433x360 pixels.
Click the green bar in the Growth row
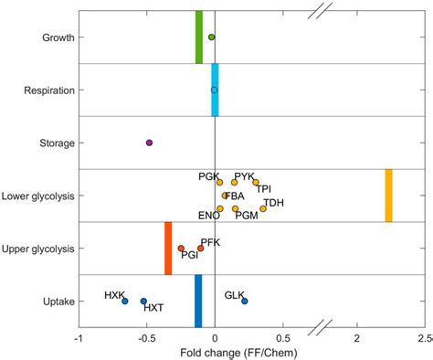click(199, 37)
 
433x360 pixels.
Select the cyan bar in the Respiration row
click(216, 90)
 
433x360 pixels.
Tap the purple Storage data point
click(149, 143)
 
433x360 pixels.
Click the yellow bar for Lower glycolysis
click(388, 195)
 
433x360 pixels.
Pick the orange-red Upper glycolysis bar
click(168, 248)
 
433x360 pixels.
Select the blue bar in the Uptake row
click(198, 301)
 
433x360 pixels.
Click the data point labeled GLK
click(244, 301)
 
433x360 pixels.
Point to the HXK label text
click(114, 295)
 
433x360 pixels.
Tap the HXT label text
click(153, 309)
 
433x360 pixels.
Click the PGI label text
click(190, 257)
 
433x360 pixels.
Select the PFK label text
click(210, 241)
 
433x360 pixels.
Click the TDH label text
click(273, 202)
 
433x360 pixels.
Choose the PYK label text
click(244, 175)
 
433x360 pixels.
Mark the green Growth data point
click(211, 37)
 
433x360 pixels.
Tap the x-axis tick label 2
click(357, 338)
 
